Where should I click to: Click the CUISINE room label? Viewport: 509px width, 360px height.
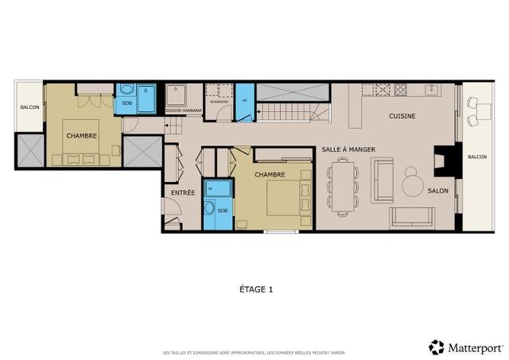[402, 116]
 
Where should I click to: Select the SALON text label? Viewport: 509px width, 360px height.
[438, 191]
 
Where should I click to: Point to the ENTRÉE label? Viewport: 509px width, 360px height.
[183, 192]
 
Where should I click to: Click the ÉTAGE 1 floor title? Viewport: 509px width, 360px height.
[255, 290]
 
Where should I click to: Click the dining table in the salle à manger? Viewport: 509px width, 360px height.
[343, 185]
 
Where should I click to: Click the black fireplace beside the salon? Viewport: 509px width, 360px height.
[442, 161]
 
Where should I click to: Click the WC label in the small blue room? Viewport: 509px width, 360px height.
[245, 101]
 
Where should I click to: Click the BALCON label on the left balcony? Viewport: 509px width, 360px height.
[29, 106]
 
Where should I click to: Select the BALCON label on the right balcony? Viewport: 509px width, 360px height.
[477, 157]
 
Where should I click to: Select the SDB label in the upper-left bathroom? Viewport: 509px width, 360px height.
[127, 103]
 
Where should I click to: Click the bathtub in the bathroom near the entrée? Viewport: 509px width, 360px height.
[217, 190]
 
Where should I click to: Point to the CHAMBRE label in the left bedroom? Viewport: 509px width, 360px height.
[82, 135]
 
